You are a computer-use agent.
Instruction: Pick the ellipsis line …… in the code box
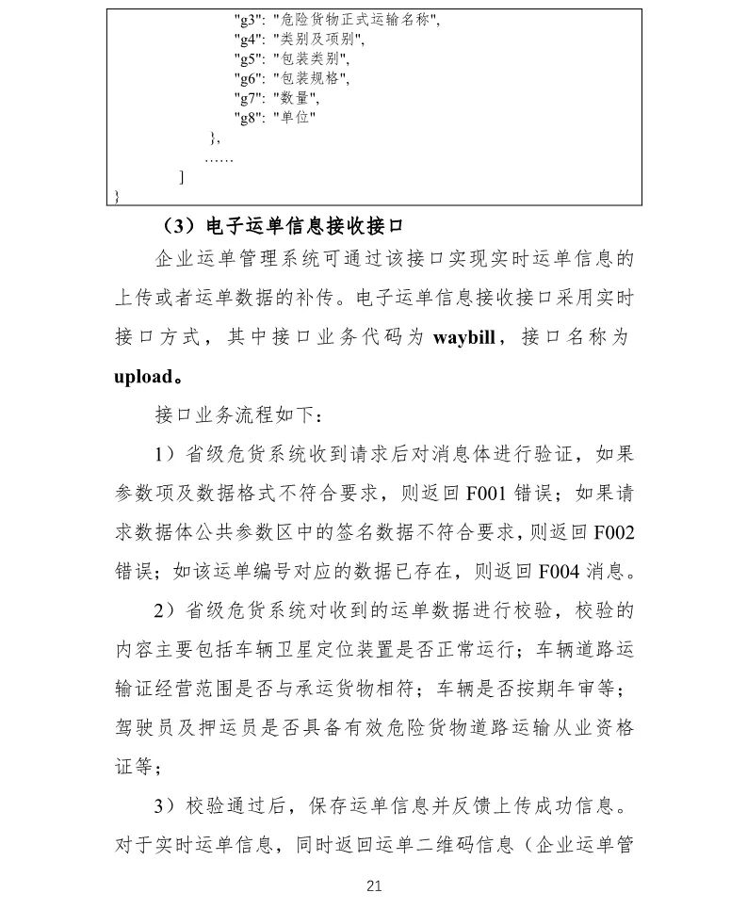(219, 157)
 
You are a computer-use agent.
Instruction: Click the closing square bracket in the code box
(181, 177)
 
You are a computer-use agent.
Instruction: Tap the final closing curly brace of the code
(116, 196)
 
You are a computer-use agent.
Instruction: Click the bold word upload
(142, 377)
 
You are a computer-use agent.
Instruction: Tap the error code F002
(613, 531)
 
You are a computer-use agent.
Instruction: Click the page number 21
(374, 885)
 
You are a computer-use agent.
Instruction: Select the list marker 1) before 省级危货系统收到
(165, 454)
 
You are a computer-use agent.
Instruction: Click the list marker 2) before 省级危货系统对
(165, 610)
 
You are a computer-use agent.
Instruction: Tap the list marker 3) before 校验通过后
(165, 806)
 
